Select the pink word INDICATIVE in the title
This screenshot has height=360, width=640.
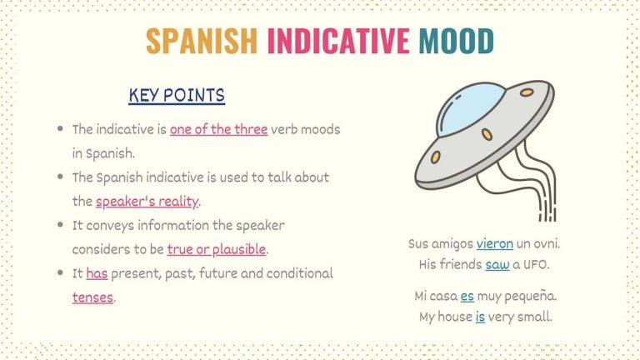(x=338, y=40)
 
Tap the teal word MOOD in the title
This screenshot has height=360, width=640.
(x=456, y=40)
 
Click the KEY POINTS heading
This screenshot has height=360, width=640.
(x=177, y=96)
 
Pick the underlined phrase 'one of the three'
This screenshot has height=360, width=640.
(x=218, y=130)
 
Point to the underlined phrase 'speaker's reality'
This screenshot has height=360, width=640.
(x=147, y=202)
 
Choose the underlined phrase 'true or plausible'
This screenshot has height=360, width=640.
(x=217, y=249)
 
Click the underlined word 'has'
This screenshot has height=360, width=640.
(x=97, y=273)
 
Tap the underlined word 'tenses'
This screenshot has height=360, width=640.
(x=92, y=297)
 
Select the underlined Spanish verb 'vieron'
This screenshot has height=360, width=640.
(x=495, y=244)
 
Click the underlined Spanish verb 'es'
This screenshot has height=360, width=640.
(x=467, y=296)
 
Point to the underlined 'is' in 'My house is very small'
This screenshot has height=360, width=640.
(x=481, y=317)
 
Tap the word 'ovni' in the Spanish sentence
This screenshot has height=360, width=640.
(x=545, y=244)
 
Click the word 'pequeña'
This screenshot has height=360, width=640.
(x=531, y=296)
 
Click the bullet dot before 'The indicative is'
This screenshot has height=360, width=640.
(x=60, y=130)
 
